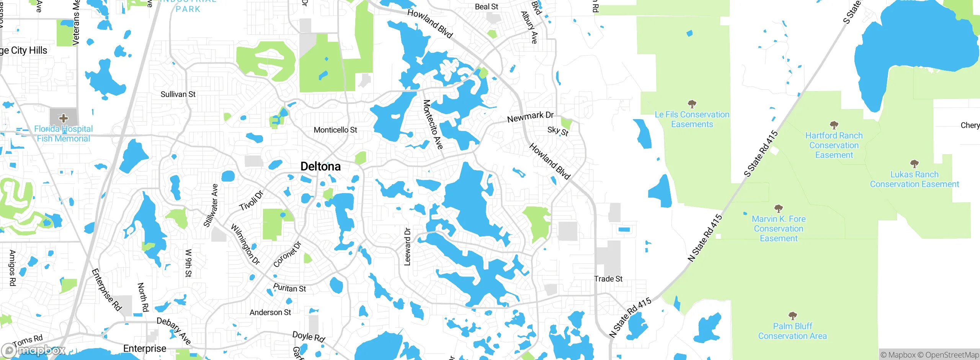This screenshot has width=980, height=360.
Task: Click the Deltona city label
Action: click(x=320, y=166)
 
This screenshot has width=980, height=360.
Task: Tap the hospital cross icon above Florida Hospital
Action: click(x=64, y=118)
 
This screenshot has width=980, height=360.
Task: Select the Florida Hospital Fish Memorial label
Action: click(x=64, y=134)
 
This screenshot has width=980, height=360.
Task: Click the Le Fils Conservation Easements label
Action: click(x=692, y=119)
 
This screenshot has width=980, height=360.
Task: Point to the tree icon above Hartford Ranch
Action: click(x=834, y=125)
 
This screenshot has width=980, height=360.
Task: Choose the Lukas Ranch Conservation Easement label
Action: click(x=914, y=179)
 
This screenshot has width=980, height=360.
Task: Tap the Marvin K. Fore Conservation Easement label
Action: click(x=779, y=229)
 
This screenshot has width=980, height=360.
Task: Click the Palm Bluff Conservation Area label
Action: click(x=792, y=331)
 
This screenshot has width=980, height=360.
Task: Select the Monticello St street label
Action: click(x=335, y=130)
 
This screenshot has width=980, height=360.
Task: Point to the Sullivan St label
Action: click(x=178, y=94)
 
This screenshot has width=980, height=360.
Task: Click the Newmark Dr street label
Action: click(x=530, y=117)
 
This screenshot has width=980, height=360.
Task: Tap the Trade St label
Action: click(x=608, y=279)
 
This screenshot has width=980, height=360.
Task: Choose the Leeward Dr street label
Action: click(x=407, y=247)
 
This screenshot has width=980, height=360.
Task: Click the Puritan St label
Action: click(x=289, y=288)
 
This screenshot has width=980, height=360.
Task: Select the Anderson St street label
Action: click(x=270, y=313)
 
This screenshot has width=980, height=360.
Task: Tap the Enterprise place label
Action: click(x=145, y=349)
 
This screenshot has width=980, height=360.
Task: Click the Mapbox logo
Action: click(x=34, y=350)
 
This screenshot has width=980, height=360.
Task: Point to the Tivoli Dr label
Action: click(x=252, y=201)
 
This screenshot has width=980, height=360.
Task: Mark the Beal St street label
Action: click(x=486, y=7)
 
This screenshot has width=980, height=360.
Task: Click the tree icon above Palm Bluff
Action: click(x=792, y=316)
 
